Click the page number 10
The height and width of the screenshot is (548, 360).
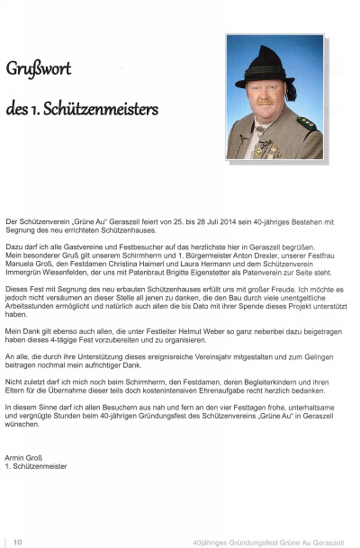pyautogui.click(x=17, y=542)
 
